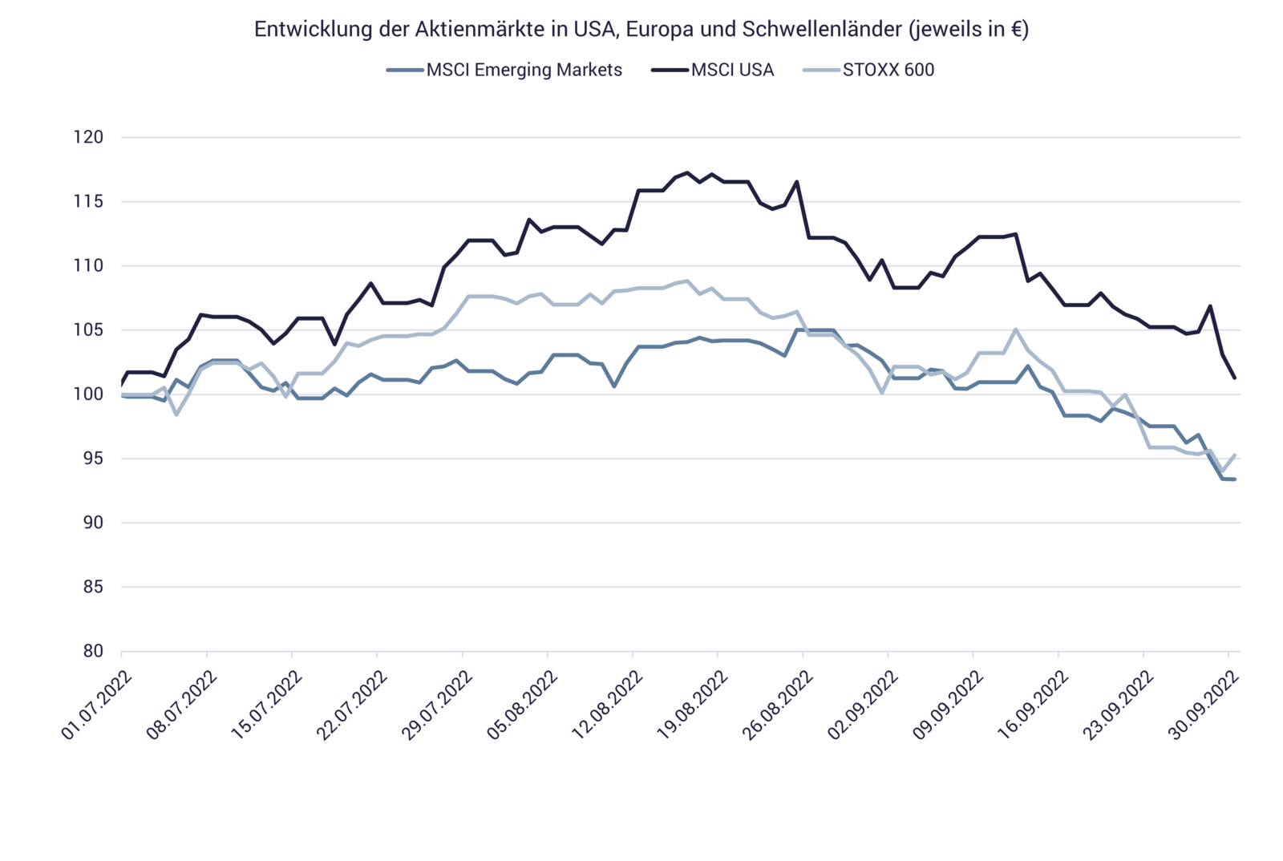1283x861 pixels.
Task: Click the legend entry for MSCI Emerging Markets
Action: tap(524, 70)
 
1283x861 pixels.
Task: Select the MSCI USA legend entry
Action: tap(732, 70)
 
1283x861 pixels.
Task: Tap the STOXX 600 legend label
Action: tap(888, 70)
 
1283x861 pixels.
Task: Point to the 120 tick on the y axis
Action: tap(88, 138)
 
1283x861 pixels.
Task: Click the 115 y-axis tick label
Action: tap(88, 202)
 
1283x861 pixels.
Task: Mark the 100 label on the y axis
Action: tap(88, 394)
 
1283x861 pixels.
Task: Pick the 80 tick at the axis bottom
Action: tap(92, 651)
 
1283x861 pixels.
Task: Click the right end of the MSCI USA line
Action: tap(1236, 378)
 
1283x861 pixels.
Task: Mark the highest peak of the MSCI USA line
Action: tap(686, 172)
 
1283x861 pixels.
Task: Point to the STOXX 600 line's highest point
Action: tap(686, 281)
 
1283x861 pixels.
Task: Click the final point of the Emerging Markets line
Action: tap(1236, 479)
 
